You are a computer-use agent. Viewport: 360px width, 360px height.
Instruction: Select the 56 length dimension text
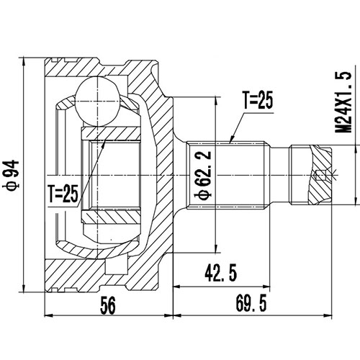108,305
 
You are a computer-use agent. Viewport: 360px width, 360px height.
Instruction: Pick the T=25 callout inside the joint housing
65,193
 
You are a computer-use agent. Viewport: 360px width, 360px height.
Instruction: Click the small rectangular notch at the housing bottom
111,268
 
